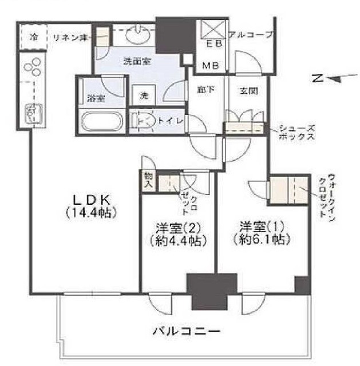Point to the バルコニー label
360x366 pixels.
(x=187, y=331)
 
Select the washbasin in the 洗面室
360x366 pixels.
(x=137, y=34)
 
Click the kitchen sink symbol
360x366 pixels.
(x=34, y=113)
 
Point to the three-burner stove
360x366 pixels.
(x=33, y=66)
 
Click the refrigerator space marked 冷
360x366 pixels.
(x=33, y=37)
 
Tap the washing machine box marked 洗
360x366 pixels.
(x=144, y=96)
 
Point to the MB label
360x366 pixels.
(x=211, y=66)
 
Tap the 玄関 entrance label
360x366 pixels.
(x=248, y=90)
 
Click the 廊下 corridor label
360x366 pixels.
(x=206, y=90)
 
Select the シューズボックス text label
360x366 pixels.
(x=297, y=132)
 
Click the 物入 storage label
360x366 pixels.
(x=148, y=181)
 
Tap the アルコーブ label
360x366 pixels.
(x=251, y=35)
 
